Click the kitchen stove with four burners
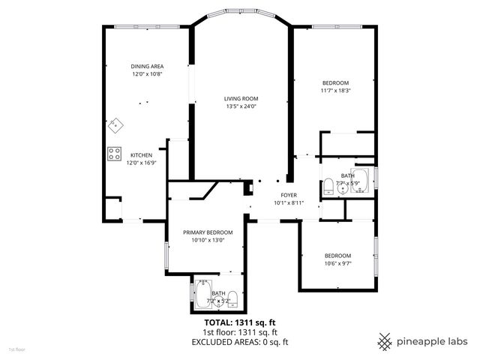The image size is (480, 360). (x=115, y=154)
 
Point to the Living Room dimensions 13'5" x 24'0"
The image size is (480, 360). (x=241, y=106)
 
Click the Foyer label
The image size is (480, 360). (x=288, y=194)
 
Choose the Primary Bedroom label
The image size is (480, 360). (x=207, y=232)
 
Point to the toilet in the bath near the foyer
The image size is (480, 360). (x=329, y=187)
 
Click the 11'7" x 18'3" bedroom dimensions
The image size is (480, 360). (x=335, y=91)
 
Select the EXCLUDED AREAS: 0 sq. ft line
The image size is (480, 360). (x=239, y=342)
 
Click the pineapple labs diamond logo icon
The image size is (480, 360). (x=385, y=340)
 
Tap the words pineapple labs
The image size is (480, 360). (x=433, y=340)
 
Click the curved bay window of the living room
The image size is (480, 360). (x=241, y=13)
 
